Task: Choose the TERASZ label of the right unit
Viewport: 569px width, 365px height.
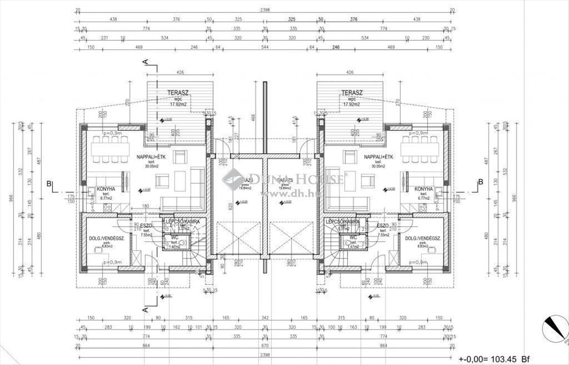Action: click(x=351, y=93)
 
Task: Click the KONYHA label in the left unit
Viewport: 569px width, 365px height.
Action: click(x=106, y=189)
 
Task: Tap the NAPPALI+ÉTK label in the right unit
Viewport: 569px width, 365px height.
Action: click(x=378, y=157)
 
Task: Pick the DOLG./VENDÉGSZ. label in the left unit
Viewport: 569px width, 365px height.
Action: click(x=106, y=239)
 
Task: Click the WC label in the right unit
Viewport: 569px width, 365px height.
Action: click(x=353, y=237)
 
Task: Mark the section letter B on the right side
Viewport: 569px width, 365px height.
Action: click(x=480, y=182)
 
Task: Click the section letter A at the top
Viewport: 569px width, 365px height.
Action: click(x=146, y=61)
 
